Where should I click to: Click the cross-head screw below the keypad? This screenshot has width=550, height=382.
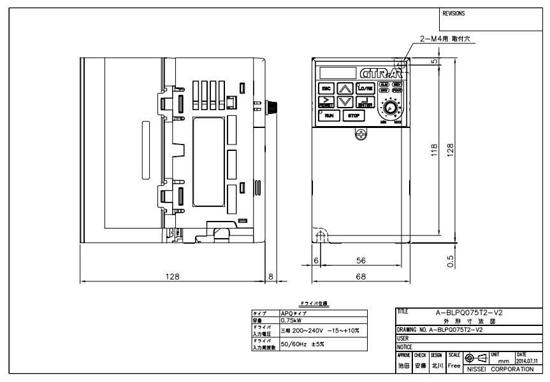360,134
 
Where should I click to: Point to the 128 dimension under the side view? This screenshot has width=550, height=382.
172,276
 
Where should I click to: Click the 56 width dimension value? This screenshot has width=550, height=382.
360,261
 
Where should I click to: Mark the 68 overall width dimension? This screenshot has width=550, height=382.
360,276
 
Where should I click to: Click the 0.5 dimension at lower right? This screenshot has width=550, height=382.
451,261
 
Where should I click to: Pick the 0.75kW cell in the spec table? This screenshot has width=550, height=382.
293,321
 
